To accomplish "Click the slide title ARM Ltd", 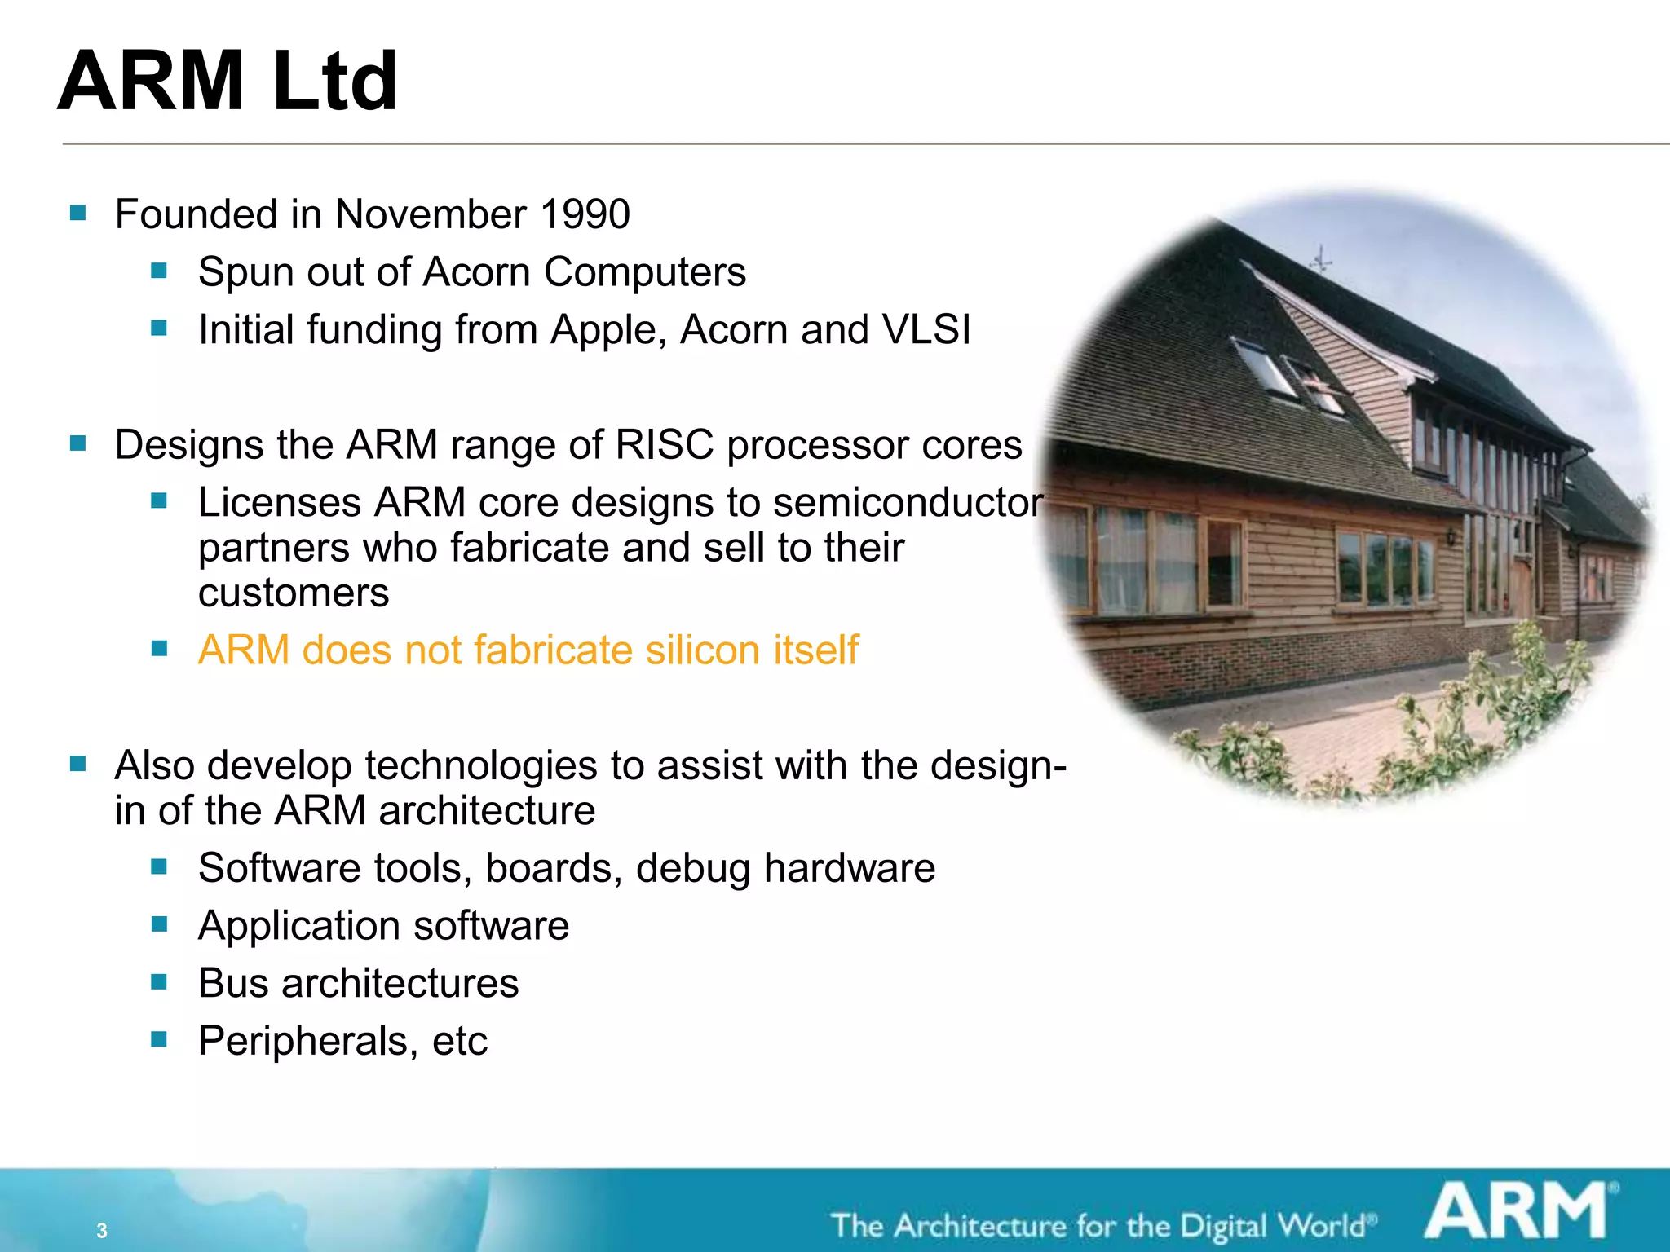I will pos(228,82).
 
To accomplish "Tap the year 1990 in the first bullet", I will pos(585,215).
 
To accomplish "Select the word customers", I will pos(294,593).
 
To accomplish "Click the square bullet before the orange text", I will pos(159,649).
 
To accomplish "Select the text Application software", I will pos(383,926).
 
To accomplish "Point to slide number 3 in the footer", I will pos(102,1230).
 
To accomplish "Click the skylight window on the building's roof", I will pos(1263,366).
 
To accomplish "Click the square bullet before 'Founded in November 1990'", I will pos(78,214).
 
